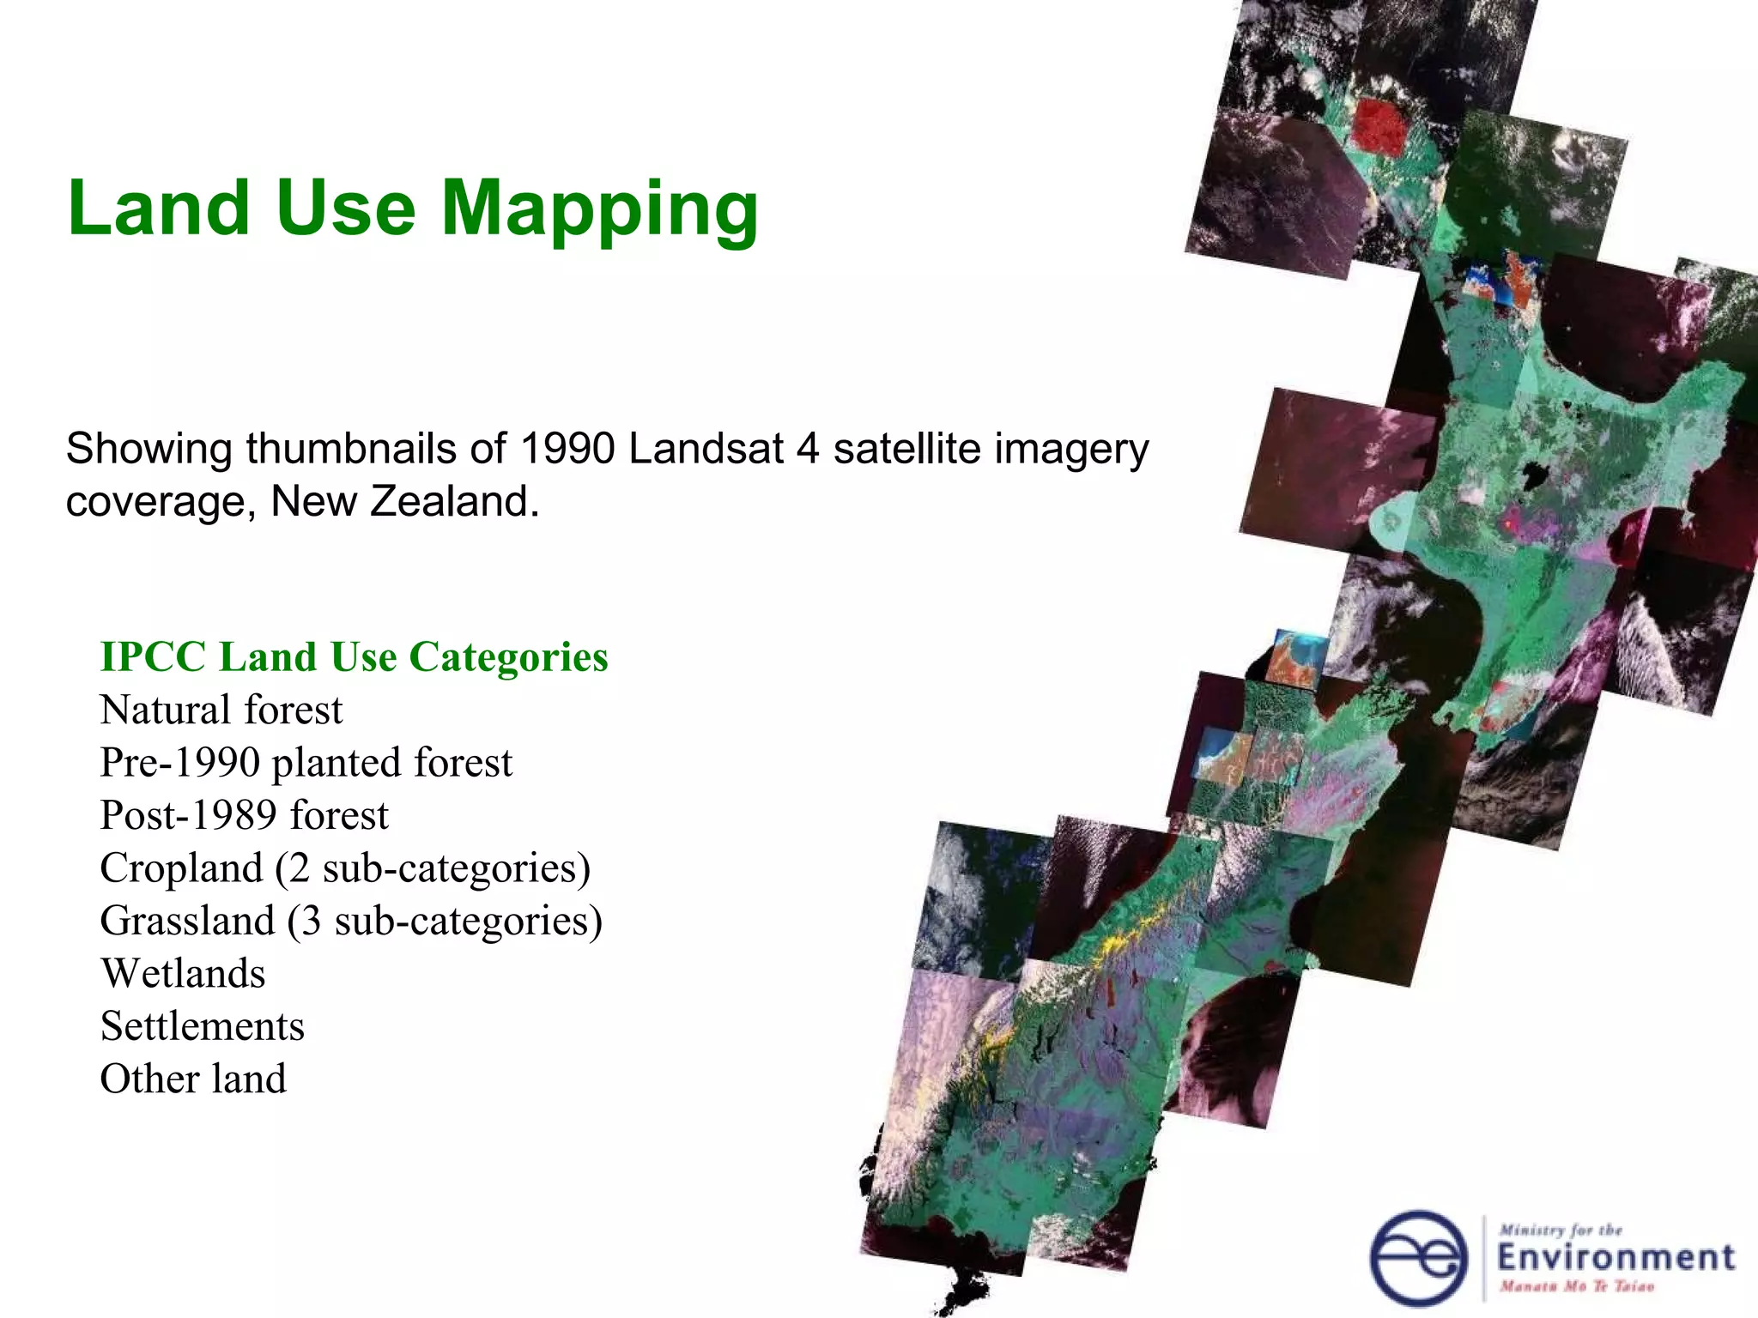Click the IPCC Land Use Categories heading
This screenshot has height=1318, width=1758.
click(354, 657)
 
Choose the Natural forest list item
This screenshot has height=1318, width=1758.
click(221, 710)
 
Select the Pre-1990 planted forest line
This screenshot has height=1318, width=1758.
click(306, 763)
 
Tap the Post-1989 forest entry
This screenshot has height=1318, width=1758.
click(244, 815)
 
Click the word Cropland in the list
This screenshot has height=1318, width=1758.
click(181, 868)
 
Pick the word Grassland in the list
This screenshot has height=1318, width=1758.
click(187, 921)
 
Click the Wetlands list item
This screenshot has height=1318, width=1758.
click(183, 974)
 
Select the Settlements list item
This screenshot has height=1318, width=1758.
click(203, 1026)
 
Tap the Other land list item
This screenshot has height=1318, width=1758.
click(193, 1079)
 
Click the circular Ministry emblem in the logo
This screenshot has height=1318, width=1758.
click(1418, 1258)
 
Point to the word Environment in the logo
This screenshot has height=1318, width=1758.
click(1616, 1258)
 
